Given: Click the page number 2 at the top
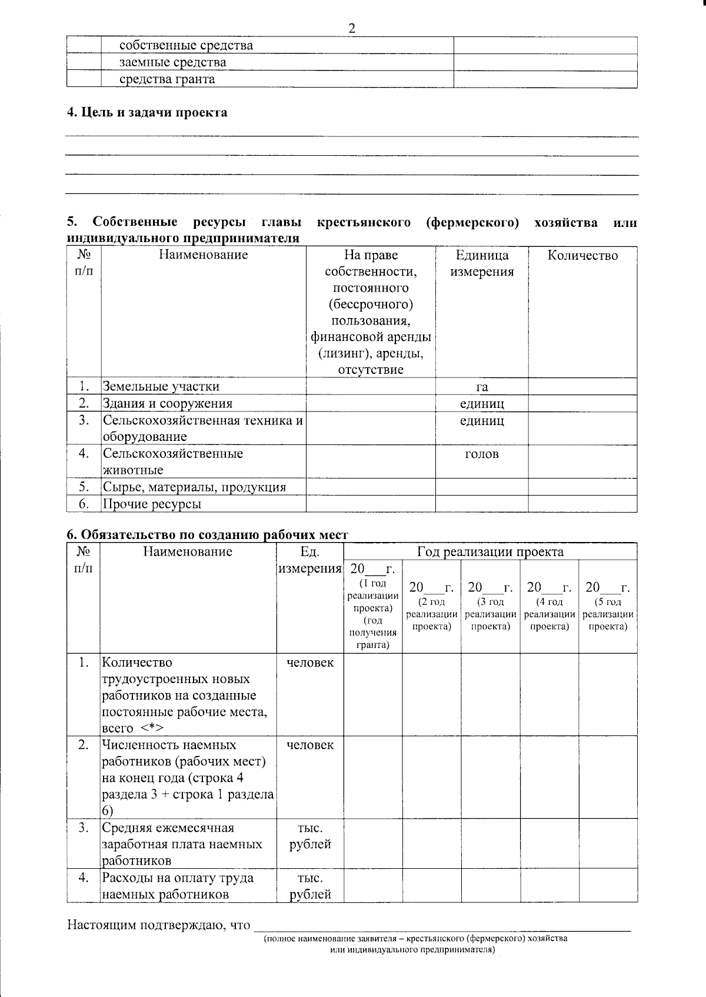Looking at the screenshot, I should pos(352,28).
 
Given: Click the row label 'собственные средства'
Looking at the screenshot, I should pos(186,45).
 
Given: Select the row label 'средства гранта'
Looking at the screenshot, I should pos(167,79).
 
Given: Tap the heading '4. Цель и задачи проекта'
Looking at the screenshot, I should pos(146,112).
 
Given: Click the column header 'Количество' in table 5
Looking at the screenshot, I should pos(582,255).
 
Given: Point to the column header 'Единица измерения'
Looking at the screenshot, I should pos(482,263).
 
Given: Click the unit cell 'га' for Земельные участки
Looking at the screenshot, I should pos(482,387).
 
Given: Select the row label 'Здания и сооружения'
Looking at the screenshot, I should pos(168,403).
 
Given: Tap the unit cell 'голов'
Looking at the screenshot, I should pos(482,454).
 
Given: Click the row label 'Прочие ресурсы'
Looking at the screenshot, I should pos(152,504).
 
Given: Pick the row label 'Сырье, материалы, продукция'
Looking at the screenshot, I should pos(194,487).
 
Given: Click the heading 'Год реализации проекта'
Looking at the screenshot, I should pos(490,551).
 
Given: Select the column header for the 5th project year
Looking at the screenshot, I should pos(608,605).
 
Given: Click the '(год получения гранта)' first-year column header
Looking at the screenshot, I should pos(372,605).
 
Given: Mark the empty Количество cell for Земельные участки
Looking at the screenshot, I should pos(582,387).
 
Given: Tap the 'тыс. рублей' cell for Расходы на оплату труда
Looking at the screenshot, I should pos(310,886).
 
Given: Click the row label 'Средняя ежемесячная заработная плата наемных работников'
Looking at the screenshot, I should pos(182,844).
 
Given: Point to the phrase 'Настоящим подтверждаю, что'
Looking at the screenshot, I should pos(159,925).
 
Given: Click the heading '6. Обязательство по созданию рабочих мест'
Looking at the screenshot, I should pos(207,534).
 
